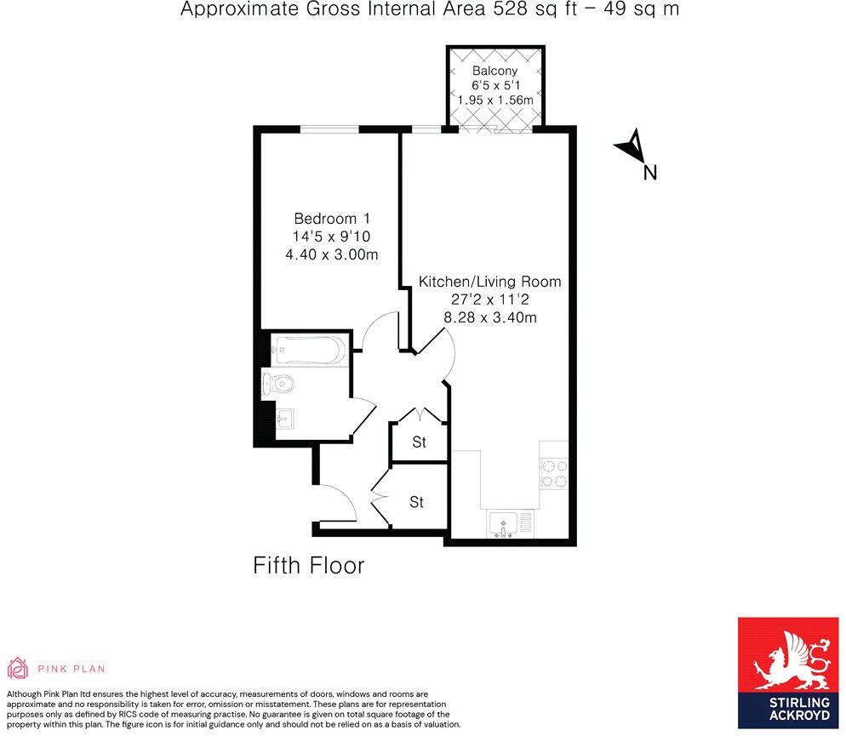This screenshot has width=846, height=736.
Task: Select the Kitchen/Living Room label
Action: pyautogui.click(x=489, y=281)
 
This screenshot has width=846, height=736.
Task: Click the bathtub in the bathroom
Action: pyautogui.click(x=309, y=350)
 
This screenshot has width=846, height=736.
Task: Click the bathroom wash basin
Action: pyautogui.click(x=284, y=418)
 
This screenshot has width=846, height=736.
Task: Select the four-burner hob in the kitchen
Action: pyautogui.click(x=554, y=473)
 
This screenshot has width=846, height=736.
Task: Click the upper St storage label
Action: pyautogui.click(x=419, y=442)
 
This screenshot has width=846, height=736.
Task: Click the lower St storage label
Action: pyautogui.click(x=416, y=503)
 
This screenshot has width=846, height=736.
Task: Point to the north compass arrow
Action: pyautogui.click(x=631, y=148)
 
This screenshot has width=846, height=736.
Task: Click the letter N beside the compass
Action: pyautogui.click(x=650, y=173)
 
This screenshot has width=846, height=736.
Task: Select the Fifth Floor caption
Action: pyautogui.click(x=309, y=565)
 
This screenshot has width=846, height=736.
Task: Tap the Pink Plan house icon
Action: pyautogui.click(x=17, y=667)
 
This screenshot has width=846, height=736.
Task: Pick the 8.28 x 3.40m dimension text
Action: pyautogui.click(x=489, y=317)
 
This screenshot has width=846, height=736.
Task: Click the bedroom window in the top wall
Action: pyautogui.click(x=329, y=129)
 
